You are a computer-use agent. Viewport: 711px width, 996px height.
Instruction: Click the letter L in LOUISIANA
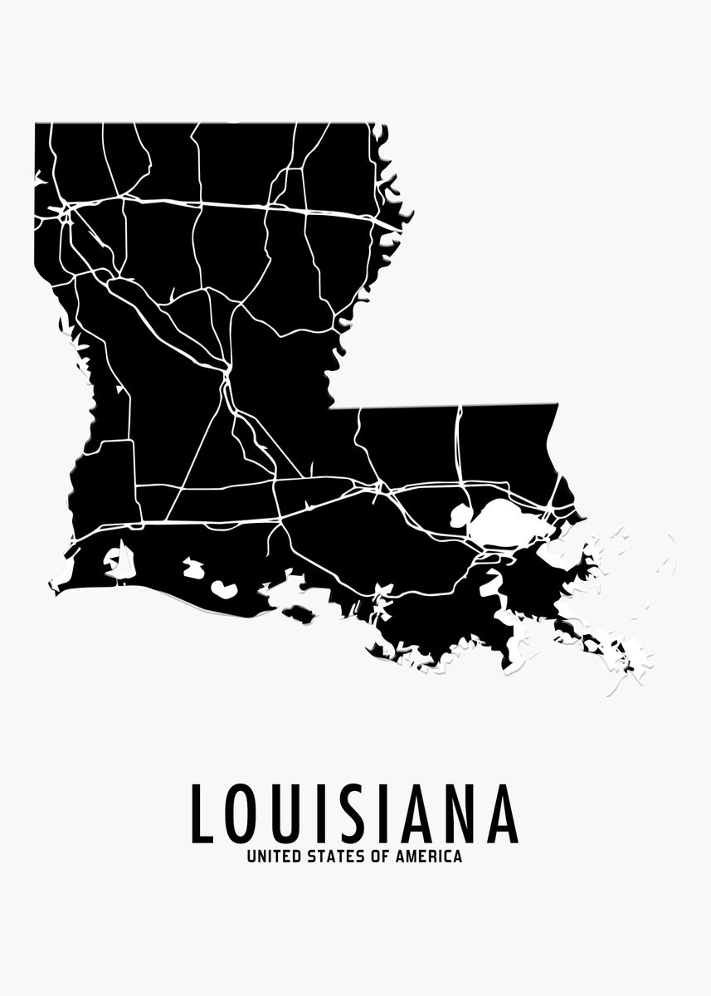[202, 813]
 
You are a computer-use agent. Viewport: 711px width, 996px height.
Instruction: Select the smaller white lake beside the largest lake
[459, 516]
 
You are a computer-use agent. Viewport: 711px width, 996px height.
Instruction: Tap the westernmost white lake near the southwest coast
[121, 562]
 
